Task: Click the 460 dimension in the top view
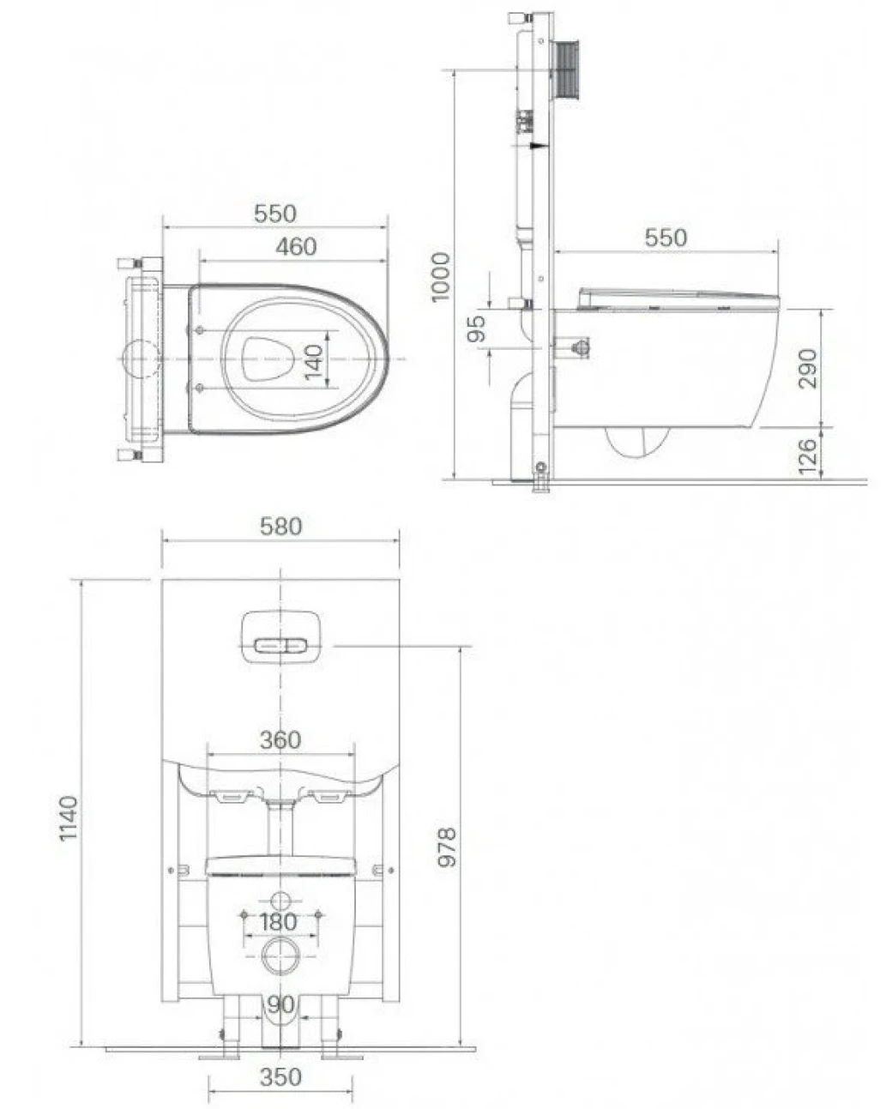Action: coord(296,246)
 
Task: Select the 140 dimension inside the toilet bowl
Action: coord(314,362)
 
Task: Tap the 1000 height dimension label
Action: coord(441,277)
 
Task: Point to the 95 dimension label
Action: coord(476,328)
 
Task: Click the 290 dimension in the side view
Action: coord(807,369)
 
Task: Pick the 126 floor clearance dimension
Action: coord(807,456)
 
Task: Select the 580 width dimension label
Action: coord(280,527)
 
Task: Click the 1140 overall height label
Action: coord(69,818)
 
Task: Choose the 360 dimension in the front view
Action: coord(280,740)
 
